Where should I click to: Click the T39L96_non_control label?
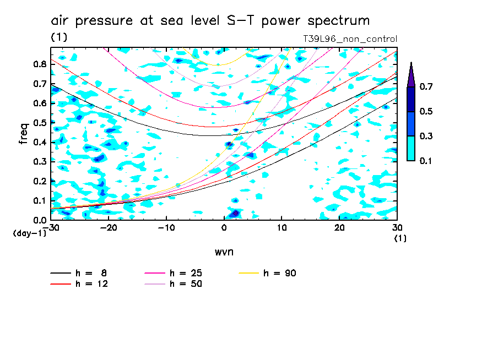(350, 39)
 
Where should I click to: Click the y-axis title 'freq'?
(24, 134)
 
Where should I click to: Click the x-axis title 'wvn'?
(224, 252)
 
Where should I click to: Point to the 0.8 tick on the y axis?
(40, 64)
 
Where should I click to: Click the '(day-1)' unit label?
(29, 233)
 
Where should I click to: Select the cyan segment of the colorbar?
(411, 148)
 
